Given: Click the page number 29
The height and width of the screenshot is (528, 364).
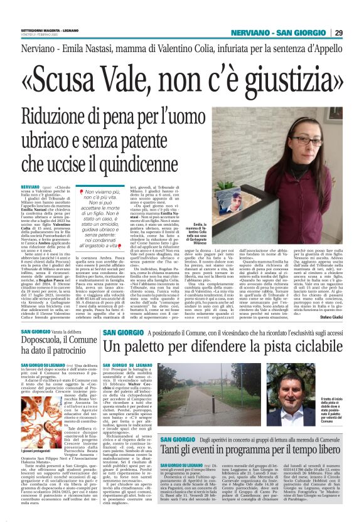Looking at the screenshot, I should pos(355,32).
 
